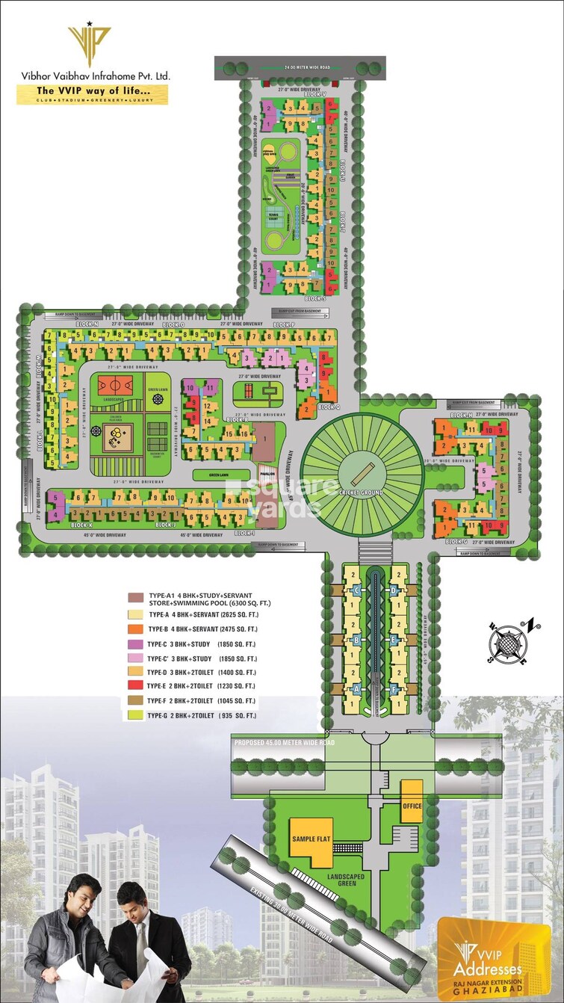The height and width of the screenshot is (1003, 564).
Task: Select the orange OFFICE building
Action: point(412,805)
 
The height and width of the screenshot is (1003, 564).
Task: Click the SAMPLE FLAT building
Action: point(311,840)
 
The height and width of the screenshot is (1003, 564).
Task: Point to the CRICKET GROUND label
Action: point(362,493)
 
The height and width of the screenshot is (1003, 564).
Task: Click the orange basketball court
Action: point(110,386)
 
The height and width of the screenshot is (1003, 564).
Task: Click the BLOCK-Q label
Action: point(328,407)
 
